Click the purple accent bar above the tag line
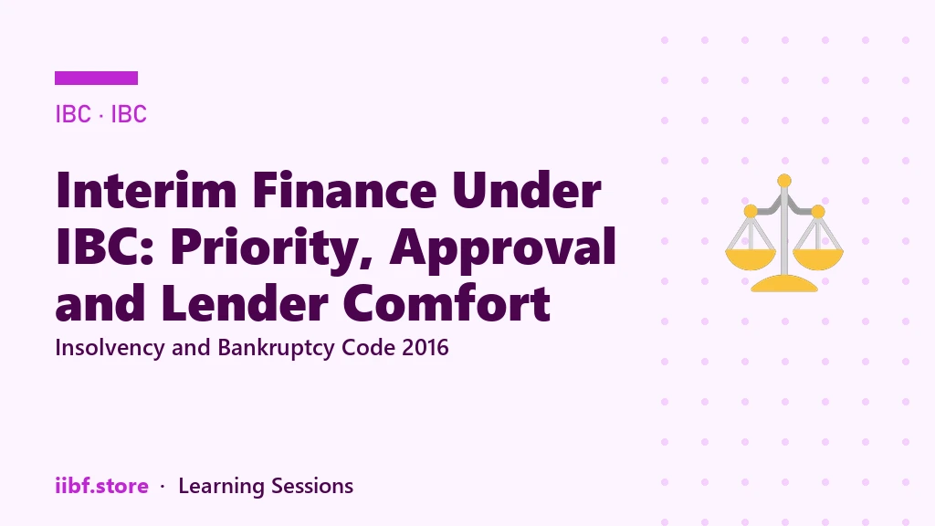(96, 79)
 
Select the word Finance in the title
(344, 190)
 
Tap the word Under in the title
(527, 190)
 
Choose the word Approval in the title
(503, 247)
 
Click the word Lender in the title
(244, 303)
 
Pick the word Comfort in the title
(446, 303)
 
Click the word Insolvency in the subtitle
(110, 348)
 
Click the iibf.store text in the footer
(102, 486)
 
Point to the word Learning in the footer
(221, 487)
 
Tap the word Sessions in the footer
(312, 486)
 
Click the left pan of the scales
(751, 258)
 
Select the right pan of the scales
(818, 258)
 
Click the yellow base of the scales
(784, 284)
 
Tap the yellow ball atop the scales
(784, 181)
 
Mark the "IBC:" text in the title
(106, 247)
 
